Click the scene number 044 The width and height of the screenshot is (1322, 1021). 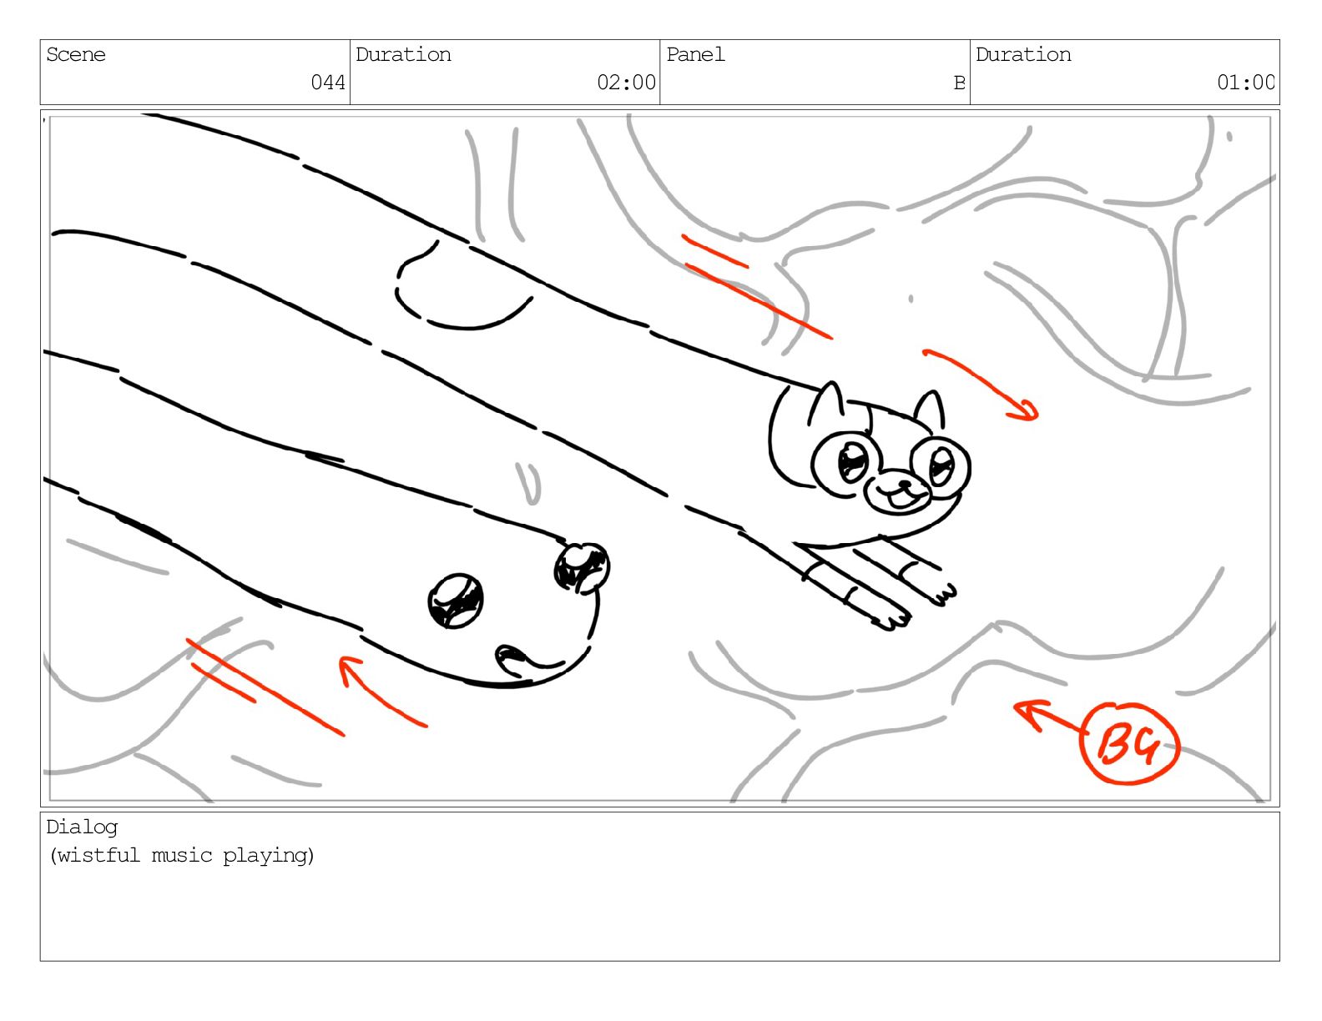[327, 82]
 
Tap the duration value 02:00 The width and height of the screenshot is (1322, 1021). [626, 82]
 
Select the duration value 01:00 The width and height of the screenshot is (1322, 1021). [1245, 82]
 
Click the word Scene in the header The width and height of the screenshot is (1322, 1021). [76, 55]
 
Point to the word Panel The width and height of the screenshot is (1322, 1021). [695, 55]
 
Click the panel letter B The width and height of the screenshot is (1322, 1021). [959, 82]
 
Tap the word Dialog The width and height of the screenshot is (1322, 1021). [82, 827]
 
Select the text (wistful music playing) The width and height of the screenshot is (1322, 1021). [182, 856]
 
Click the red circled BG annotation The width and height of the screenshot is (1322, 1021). [1129, 743]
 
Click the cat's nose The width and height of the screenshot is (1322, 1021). [905, 484]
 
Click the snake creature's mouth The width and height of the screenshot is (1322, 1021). [529, 659]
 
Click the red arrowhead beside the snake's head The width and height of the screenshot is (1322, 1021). [349, 669]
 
